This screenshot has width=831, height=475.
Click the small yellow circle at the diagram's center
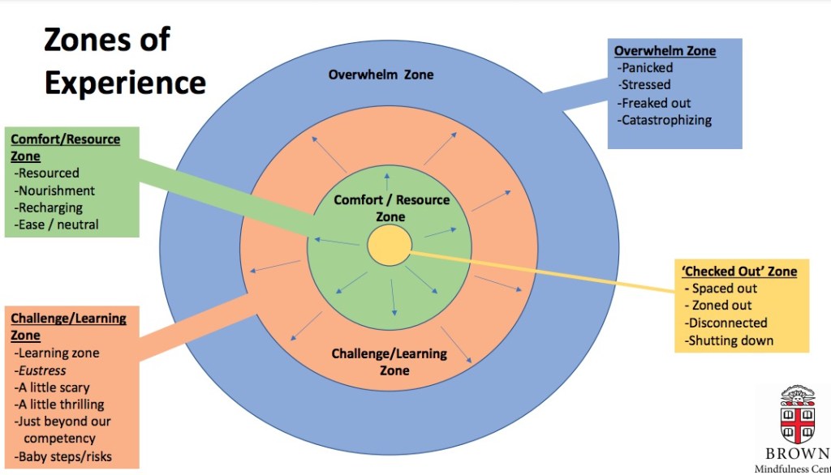click(x=389, y=245)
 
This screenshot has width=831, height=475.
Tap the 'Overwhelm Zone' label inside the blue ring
click(x=381, y=75)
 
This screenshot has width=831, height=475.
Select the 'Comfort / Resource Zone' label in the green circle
click(x=391, y=208)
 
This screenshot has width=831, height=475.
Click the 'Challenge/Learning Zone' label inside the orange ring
click(x=390, y=362)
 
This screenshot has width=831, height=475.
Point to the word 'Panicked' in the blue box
click(x=647, y=67)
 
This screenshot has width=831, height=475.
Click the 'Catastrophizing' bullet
click(x=665, y=120)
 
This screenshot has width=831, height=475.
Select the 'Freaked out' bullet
click(x=656, y=103)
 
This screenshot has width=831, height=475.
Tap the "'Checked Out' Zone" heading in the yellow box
click(x=740, y=271)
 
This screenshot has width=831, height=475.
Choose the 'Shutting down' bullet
click(x=730, y=340)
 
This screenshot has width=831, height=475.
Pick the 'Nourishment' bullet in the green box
click(x=56, y=190)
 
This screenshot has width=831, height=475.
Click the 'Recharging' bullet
click(x=50, y=208)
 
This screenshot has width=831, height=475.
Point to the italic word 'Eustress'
click(x=43, y=370)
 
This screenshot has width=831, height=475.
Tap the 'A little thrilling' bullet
click(x=61, y=404)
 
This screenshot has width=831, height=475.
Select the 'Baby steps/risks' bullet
click(x=64, y=456)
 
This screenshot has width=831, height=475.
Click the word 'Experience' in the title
click(x=125, y=83)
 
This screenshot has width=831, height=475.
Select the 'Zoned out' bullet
click(x=721, y=306)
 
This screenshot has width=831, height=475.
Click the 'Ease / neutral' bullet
click(x=58, y=225)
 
